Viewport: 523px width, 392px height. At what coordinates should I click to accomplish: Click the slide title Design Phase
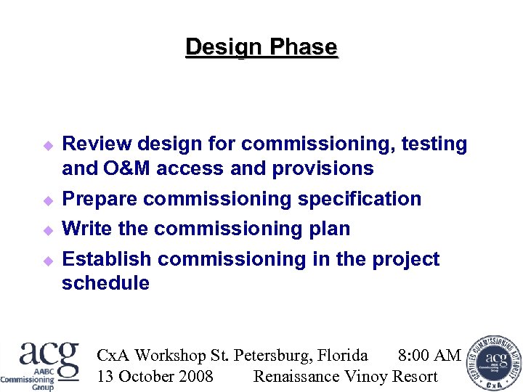coord(261,47)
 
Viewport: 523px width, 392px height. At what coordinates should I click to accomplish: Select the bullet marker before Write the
coord(49,230)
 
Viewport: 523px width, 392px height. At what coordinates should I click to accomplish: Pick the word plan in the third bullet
coord(331,229)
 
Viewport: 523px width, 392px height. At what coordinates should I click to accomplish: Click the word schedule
coord(105,283)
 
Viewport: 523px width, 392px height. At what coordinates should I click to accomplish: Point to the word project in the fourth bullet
coord(405,259)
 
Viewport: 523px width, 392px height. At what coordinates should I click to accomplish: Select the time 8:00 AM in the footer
coord(429,355)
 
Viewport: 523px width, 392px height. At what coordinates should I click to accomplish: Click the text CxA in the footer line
coord(113,355)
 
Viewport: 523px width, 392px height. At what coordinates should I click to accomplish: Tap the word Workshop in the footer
coord(171,355)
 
